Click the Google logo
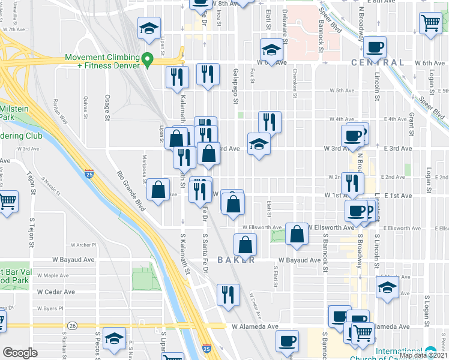[x=20, y=353]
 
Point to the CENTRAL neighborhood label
[x=378, y=62]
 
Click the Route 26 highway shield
[x=73, y=325]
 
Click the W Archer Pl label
[x=82, y=245]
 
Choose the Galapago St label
[x=235, y=83]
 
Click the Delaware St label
[x=284, y=22]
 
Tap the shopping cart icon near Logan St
[x=431, y=25]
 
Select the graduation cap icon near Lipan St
[x=149, y=28]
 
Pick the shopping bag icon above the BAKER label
[x=245, y=244]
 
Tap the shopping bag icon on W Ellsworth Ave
[x=297, y=233]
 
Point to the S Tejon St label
[x=28, y=185]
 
